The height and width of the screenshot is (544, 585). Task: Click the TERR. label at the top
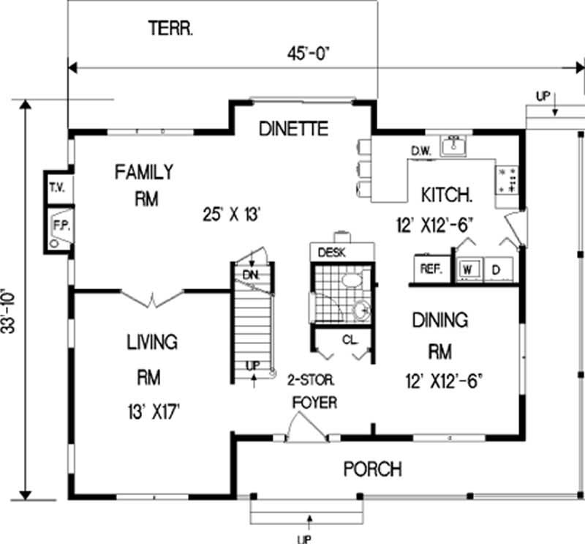tap(170, 29)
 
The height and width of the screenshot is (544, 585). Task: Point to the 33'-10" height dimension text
tap(10, 310)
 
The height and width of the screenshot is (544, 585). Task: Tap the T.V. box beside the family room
tap(57, 188)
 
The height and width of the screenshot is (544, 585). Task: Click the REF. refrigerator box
tap(431, 269)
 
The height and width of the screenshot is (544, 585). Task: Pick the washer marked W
tap(468, 269)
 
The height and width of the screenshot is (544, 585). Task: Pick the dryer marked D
tap(496, 269)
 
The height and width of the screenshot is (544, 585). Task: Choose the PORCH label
tap(372, 469)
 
